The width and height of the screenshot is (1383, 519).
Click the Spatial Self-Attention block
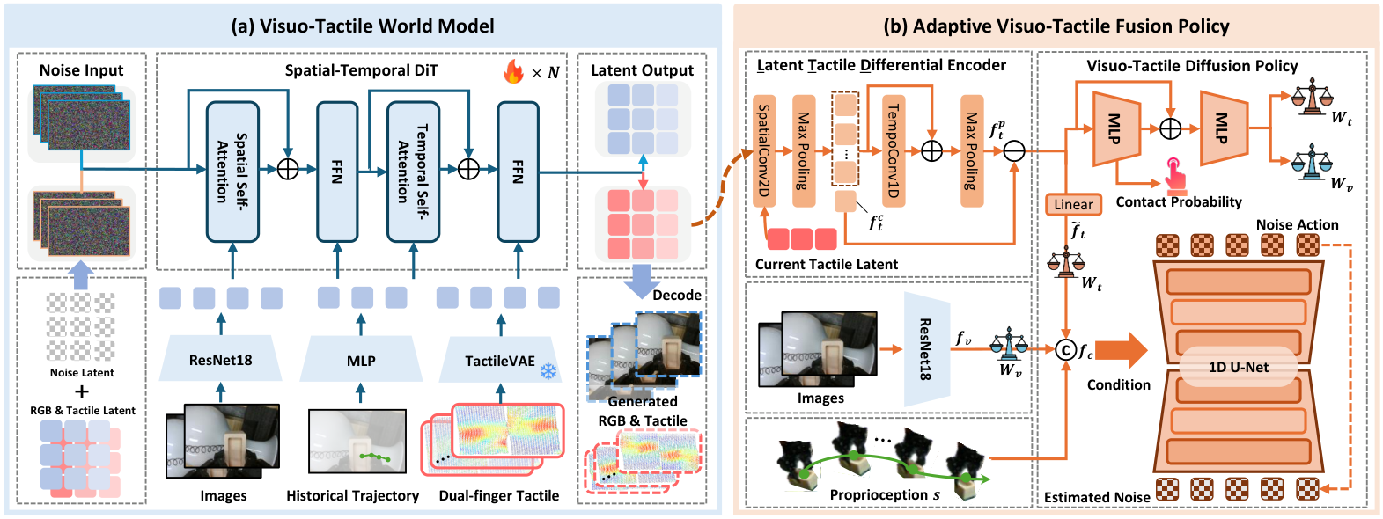232,172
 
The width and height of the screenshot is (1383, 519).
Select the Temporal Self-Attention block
413,172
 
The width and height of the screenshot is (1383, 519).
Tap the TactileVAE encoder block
500,360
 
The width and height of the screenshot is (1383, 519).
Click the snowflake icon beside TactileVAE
548,371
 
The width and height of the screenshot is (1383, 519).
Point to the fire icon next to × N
514,71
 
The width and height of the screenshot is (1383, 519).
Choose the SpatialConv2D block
764,150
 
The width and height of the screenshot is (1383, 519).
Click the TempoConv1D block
894,150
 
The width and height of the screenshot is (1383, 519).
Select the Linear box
1073,204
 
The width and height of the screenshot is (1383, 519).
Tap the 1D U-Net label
1239,367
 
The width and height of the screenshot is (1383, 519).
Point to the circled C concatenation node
1066,350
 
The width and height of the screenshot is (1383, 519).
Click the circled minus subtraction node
1014,150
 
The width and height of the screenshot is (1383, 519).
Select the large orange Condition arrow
1122,350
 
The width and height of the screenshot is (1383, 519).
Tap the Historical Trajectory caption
352,495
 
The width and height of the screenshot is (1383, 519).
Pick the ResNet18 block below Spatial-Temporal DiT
220,360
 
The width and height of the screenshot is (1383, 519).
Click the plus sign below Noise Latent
82,391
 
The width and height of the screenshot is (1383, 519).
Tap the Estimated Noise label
1097,497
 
